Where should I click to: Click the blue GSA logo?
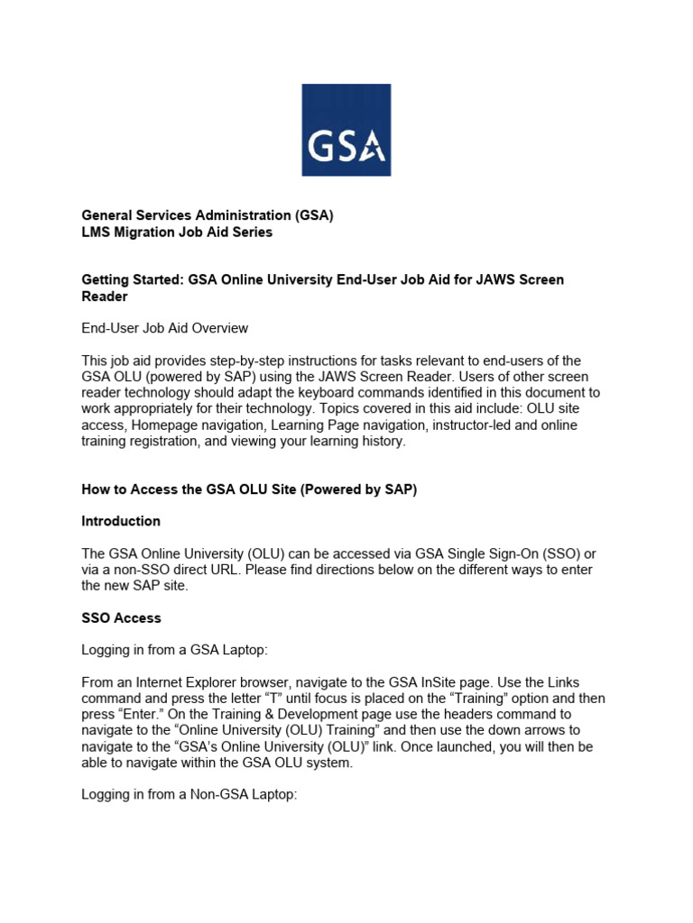tap(346, 130)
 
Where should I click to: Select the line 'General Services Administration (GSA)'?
tap(208, 215)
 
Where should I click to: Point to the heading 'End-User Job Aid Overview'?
tap(164, 328)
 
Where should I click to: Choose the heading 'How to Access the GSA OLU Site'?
tap(249, 489)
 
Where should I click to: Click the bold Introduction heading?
tap(121, 521)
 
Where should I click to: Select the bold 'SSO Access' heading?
tap(121, 618)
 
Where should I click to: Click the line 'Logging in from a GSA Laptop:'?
tap(176, 651)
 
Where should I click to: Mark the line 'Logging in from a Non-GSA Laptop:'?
tap(189, 795)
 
